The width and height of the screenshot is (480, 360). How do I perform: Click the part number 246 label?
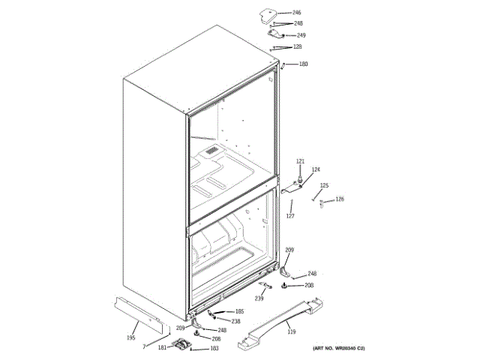297,13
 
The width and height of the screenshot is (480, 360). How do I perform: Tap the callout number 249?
301,35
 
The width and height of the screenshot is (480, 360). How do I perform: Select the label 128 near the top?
297,46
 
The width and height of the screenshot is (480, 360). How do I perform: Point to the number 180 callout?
303,64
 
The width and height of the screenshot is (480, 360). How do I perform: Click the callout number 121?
300,162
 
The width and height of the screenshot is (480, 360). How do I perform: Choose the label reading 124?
316,169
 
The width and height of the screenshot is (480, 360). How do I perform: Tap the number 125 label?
324,185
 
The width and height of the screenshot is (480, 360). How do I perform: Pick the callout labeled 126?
340,199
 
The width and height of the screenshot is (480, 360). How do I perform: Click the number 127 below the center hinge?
289,216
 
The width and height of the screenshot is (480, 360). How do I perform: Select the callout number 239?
259,298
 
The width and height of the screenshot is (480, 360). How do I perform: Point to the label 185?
240,311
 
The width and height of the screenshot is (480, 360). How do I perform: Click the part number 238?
235,321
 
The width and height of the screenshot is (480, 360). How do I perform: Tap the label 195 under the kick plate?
130,339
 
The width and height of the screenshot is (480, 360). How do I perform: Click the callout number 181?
162,347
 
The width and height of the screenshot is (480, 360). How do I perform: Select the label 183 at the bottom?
214,349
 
